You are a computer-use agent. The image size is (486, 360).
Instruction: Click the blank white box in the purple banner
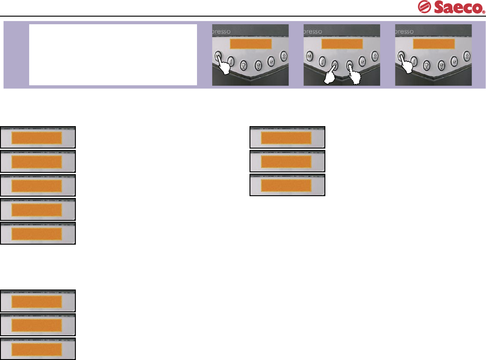[113, 54]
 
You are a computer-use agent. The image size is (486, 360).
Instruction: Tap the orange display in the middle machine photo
[342, 44]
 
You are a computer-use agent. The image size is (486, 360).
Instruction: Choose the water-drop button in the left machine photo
[284, 56]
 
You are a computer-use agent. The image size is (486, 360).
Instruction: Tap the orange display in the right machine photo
[433, 44]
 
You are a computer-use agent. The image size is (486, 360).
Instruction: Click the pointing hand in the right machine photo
[405, 65]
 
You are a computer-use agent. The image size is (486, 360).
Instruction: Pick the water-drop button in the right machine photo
[467, 56]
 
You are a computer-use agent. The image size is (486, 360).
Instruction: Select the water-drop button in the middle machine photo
[375, 56]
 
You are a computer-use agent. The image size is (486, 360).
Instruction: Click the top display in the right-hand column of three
[287, 137]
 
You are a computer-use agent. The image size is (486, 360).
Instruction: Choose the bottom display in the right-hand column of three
[287, 185]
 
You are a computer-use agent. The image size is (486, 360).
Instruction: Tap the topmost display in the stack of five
[38, 137]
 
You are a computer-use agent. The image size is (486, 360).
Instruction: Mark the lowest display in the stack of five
[38, 233]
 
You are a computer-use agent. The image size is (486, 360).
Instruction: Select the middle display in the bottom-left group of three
[38, 325]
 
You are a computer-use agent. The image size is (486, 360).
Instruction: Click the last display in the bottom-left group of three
[38, 349]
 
